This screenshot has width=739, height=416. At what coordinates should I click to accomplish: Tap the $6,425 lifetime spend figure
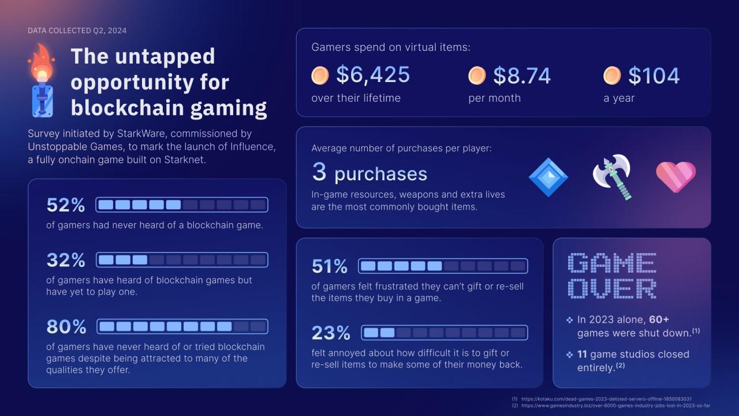point(373,75)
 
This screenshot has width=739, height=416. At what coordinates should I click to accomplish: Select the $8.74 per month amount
point(522,76)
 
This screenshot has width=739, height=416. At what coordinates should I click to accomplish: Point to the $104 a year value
point(654,76)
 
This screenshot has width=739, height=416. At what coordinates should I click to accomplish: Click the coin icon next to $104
point(612,76)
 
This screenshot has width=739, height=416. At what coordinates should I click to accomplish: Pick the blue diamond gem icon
point(548,177)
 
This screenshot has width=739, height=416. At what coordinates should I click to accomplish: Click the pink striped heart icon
point(675,177)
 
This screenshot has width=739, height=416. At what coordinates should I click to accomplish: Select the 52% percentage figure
point(66,205)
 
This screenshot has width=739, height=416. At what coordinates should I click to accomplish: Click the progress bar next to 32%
point(182,260)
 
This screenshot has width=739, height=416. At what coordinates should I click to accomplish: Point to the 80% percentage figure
point(66,326)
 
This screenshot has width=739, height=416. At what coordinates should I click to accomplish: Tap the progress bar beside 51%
point(443,266)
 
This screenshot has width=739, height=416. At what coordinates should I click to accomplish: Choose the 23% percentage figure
point(331,333)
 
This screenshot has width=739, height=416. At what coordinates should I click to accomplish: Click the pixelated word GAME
point(613,263)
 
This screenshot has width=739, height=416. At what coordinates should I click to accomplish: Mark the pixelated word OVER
point(613,289)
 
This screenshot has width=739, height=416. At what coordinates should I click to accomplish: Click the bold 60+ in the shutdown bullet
point(659,320)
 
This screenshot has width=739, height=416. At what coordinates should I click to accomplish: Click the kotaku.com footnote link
point(606,399)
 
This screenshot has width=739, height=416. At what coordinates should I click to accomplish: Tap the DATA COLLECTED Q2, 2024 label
point(77,30)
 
